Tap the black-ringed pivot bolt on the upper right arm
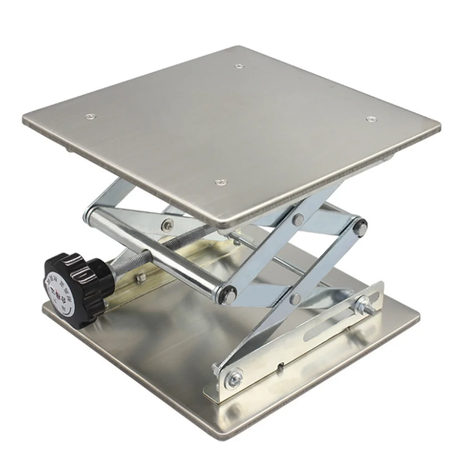coord(360,228)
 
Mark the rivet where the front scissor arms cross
coord(296,298)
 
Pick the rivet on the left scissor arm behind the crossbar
coord(167,225)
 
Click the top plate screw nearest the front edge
coord(222,183)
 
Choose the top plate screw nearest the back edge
coord(238,66)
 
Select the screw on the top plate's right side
coord(370,119)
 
